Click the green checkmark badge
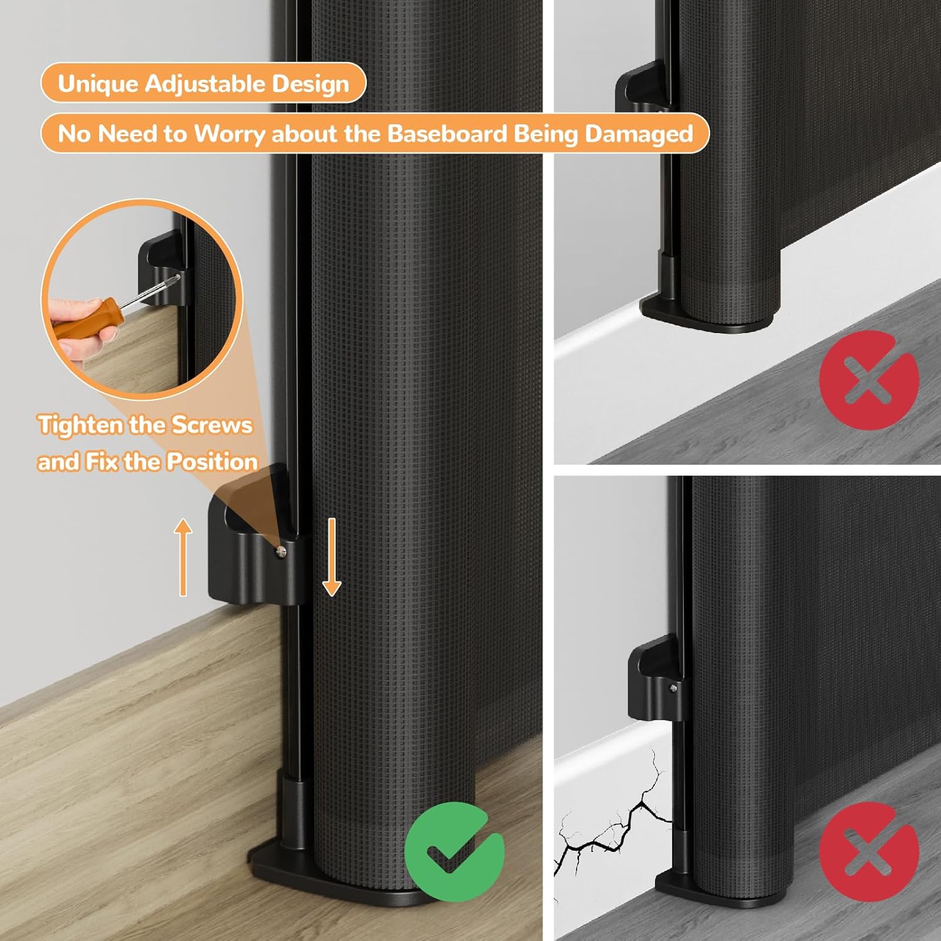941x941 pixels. click(454, 851)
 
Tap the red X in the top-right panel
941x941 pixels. click(869, 380)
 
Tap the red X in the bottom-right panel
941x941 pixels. click(869, 851)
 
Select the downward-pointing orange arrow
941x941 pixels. click(331, 557)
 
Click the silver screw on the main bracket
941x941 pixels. click(281, 551)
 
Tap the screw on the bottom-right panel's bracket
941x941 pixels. click(673, 688)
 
